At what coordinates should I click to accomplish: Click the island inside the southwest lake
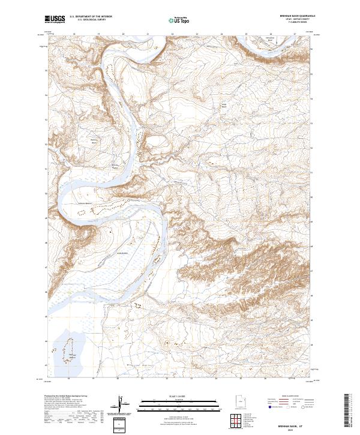tap(70, 348)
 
